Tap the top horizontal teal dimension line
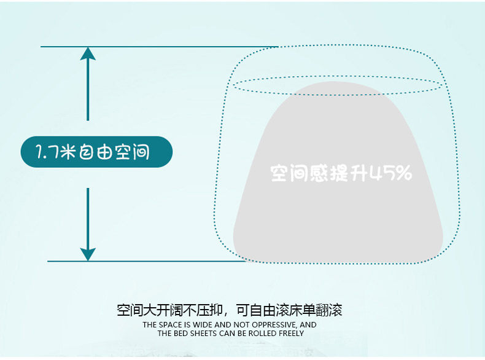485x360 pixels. click(x=160, y=46)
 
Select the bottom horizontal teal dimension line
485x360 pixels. click(x=147, y=261)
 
